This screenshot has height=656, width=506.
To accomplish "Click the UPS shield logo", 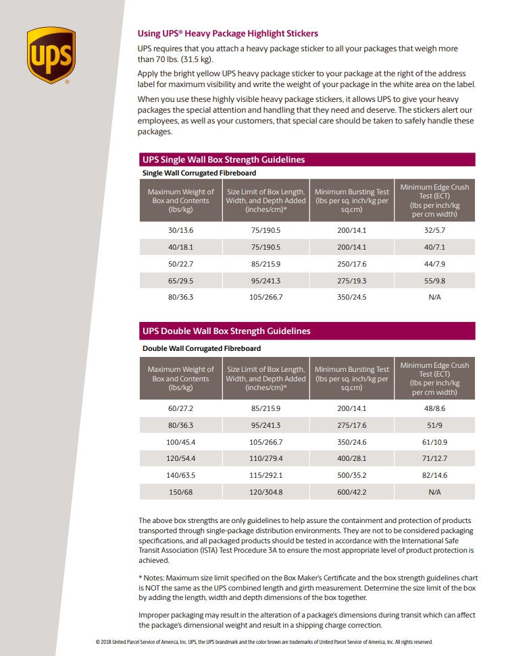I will tap(51, 55).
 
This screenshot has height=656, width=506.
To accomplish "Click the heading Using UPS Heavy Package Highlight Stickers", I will tap(228, 34).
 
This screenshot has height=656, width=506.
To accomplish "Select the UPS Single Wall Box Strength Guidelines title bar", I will tap(307, 160).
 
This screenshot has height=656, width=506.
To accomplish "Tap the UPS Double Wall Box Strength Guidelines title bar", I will tap(307, 331).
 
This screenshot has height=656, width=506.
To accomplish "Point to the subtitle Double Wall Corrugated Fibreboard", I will tap(201, 348).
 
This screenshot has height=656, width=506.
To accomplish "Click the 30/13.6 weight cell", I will tap(180, 231).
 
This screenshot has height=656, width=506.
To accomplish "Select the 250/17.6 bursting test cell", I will tap(351, 264).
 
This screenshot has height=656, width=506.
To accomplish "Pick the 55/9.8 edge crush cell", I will tap(434, 281).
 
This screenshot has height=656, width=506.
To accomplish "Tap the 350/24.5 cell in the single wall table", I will tap(351, 298).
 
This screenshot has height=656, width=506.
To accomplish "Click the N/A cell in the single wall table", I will tap(434, 298).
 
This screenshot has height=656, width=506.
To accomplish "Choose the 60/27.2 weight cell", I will tap(180, 409).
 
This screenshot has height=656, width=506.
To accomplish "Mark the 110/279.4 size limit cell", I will tap(265, 459).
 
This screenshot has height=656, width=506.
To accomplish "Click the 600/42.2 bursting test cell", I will tap(351, 493).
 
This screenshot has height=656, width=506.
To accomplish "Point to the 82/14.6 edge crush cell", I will tap(434, 476).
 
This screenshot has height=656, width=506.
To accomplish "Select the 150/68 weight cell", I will tap(180, 493).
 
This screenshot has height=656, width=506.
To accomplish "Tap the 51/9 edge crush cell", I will tap(434, 426).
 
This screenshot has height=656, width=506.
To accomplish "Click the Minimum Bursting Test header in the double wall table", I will tap(351, 379).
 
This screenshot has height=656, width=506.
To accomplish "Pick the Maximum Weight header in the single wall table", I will tap(180, 200).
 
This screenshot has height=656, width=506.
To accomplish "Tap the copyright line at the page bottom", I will tap(263, 643).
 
